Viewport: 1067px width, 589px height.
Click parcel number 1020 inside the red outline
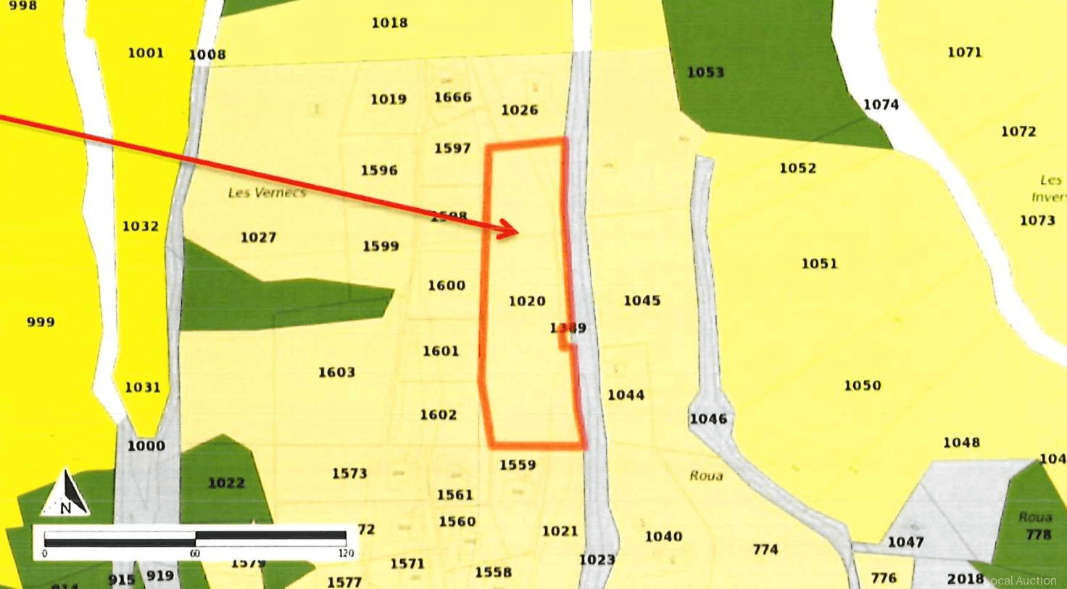(x=527, y=301)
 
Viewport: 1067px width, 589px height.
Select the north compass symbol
(x=66, y=494)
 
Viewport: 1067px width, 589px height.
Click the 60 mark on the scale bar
(x=195, y=553)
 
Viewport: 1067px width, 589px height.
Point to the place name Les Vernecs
(x=267, y=193)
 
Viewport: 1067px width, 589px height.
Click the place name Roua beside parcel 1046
(x=706, y=476)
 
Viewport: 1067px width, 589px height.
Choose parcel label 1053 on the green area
(x=705, y=73)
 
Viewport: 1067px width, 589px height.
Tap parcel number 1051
(x=819, y=263)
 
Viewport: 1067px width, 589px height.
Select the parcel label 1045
(x=642, y=300)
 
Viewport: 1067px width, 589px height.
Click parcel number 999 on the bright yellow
(x=41, y=322)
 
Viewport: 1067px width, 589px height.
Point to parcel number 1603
(x=336, y=372)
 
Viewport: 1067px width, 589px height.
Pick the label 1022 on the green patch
(x=226, y=483)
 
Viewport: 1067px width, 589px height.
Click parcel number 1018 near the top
(x=389, y=22)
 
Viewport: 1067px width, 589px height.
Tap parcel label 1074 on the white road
(x=881, y=104)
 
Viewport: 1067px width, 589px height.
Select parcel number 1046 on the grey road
(x=708, y=419)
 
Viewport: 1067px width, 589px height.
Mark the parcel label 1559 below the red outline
(x=518, y=465)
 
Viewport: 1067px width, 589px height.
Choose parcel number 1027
(x=258, y=237)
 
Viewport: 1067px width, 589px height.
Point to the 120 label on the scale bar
(x=346, y=553)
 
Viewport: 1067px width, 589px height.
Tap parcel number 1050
(x=862, y=385)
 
